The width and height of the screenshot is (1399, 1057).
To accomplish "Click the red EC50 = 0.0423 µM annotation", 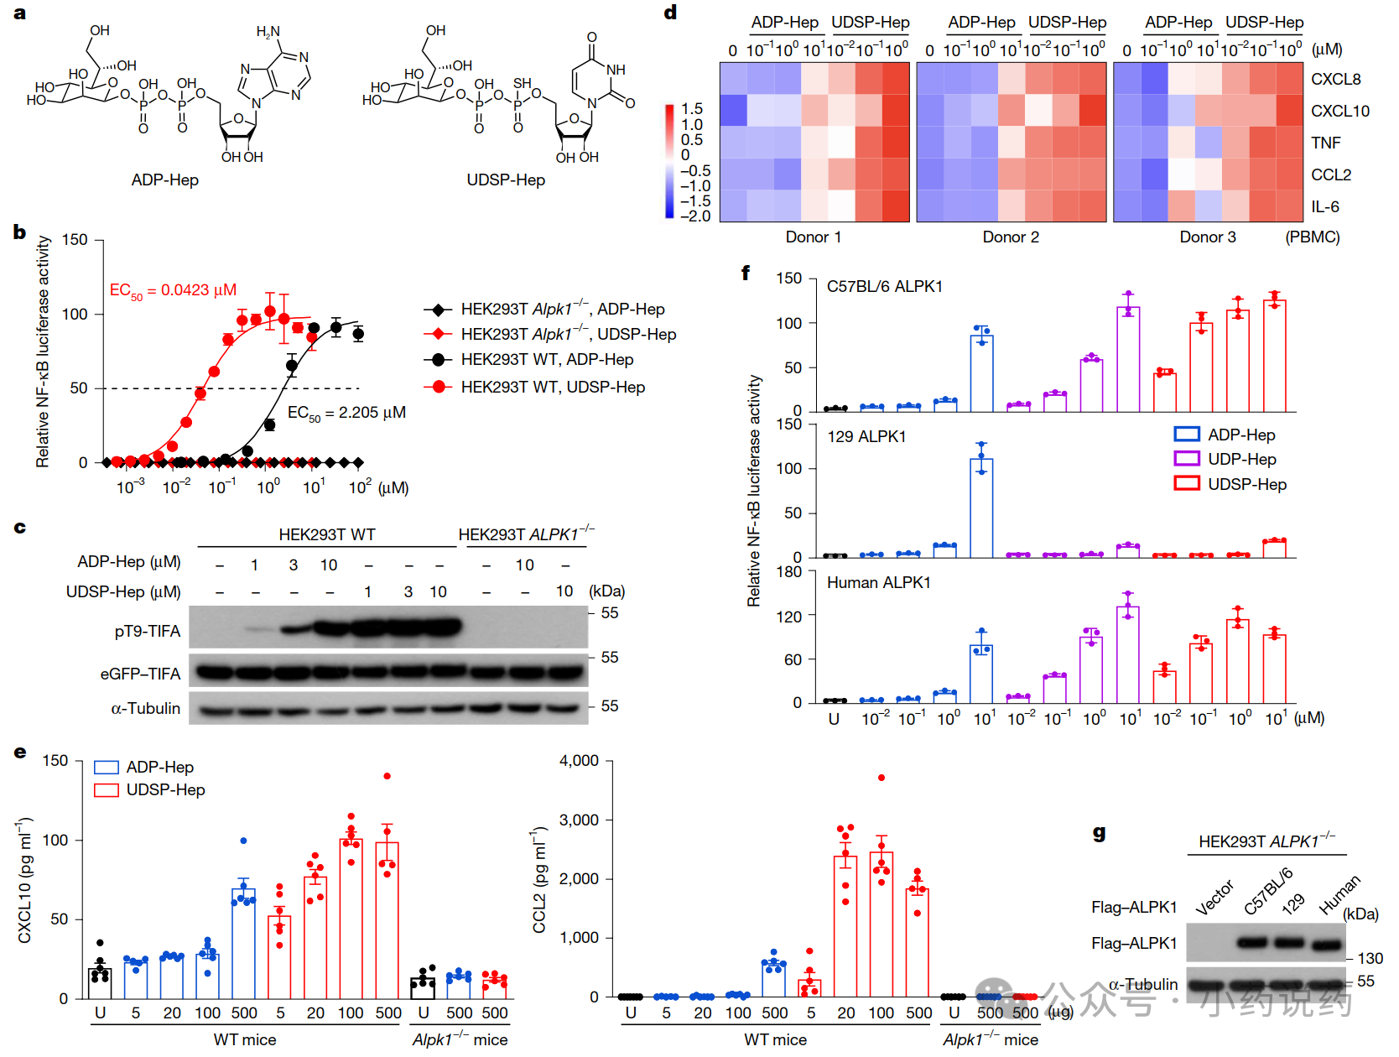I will tap(173, 290).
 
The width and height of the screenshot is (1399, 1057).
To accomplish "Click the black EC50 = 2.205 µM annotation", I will tap(346, 413).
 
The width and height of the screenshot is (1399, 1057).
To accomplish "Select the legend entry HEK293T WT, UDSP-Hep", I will tap(553, 387).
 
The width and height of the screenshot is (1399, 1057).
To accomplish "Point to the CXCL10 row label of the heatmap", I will tap(1339, 111).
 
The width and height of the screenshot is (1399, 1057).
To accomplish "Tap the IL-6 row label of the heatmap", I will tap(1324, 206).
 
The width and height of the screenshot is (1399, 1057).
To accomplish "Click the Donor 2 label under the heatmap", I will tap(1011, 237).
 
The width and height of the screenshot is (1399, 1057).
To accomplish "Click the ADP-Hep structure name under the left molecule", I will tap(164, 180).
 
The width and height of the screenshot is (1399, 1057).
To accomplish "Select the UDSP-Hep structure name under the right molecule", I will tap(506, 180).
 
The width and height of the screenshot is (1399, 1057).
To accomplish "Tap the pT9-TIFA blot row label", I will tap(148, 631).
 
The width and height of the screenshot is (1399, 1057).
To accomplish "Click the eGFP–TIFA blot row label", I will tap(140, 674).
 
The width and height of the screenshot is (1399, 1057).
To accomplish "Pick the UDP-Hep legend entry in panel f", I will tap(1241, 459).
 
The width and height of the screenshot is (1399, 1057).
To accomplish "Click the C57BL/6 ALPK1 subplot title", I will tap(884, 286).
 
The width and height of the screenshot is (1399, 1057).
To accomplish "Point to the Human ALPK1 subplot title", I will tap(878, 582).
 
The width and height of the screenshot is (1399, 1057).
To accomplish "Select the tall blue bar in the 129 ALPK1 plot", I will tap(981, 508).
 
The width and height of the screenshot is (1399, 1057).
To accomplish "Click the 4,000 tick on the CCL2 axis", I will tap(579, 761).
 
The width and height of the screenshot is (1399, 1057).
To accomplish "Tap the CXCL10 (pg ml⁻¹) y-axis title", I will tap(25, 879).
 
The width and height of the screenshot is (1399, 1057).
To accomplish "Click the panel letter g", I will tap(1099, 833).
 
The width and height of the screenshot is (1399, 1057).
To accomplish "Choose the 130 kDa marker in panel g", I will tap(1370, 958).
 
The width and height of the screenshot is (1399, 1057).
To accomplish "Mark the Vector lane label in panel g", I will tap(1214, 897).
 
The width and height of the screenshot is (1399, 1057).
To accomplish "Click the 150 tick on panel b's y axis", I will tap(75, 240).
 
